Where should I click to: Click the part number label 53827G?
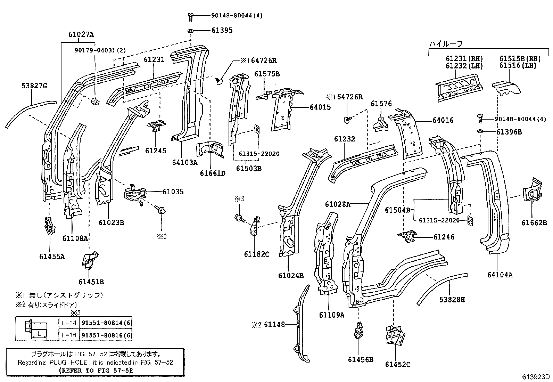[34, 86]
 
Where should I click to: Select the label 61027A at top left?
[81, 34]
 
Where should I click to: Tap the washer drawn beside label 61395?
[191, 31]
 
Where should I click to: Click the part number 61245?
[156, 151]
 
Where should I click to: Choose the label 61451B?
[91, 282]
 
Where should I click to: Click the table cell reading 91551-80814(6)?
[106, 323]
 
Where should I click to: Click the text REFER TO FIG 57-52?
[96, 371]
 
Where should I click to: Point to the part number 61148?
[274, 325]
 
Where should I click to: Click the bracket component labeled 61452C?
[395, 335]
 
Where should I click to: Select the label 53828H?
[452, 299]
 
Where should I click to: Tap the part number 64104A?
[500, 275]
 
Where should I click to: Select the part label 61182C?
[256, 254]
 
